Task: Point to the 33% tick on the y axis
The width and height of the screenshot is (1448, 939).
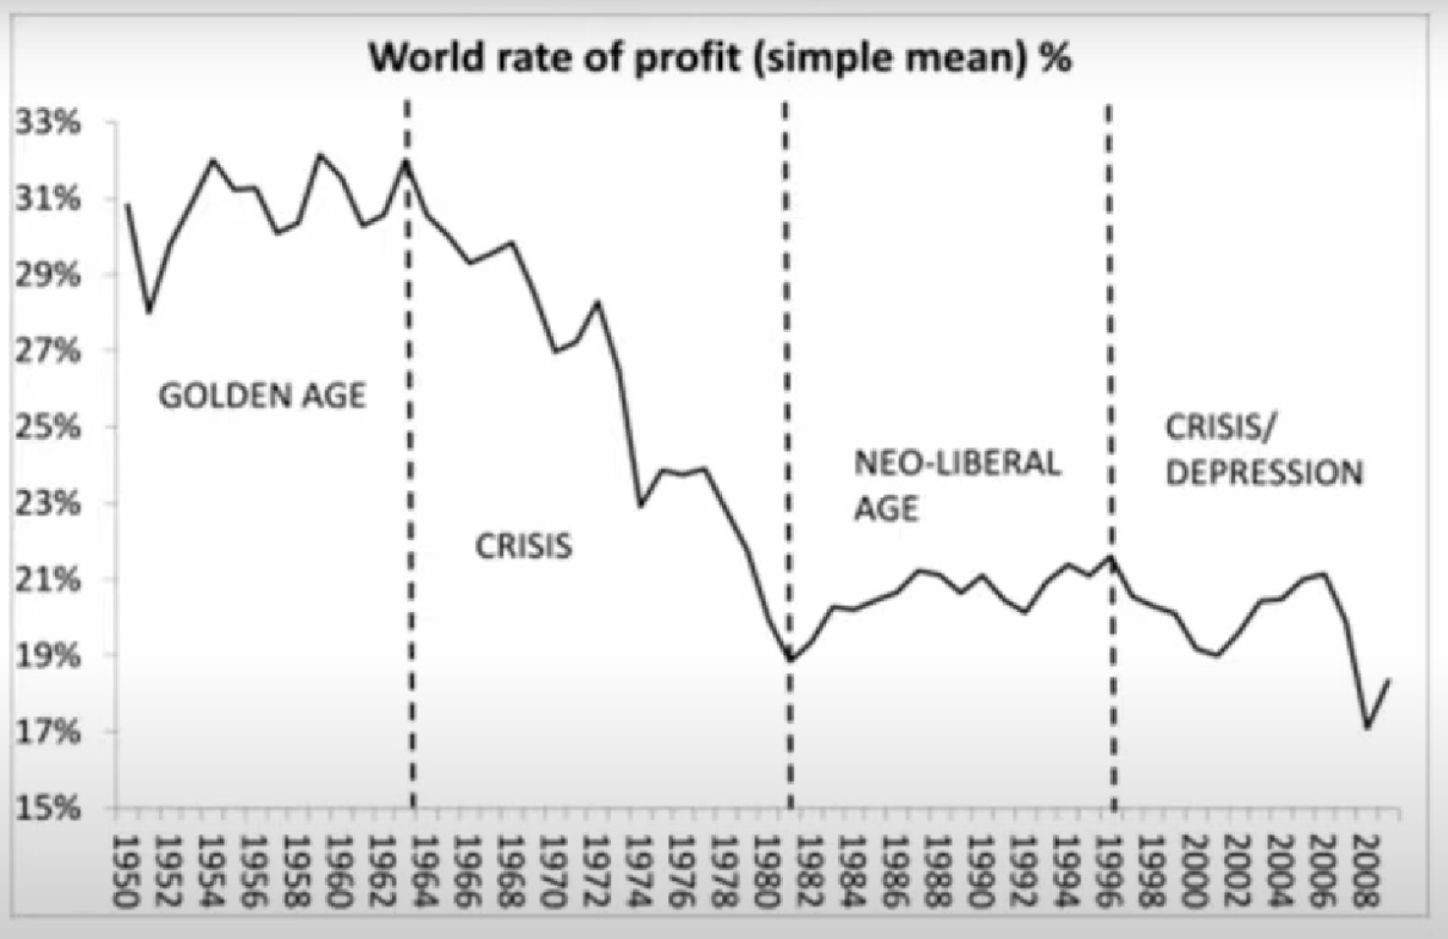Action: tap(47, 123)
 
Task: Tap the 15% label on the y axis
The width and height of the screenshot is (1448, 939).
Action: tap(47, 808)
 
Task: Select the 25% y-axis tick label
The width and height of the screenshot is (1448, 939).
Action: tap(47, 427)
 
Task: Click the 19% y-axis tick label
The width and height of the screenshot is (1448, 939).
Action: tap(47, 656)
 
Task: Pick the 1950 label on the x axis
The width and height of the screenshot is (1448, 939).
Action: tap(126, 870)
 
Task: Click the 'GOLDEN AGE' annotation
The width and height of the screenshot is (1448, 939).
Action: tap(262, 396)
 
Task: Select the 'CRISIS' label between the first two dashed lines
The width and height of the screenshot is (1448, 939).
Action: tap(524, 546)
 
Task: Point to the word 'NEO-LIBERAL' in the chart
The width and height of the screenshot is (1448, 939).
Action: tap(957, 463)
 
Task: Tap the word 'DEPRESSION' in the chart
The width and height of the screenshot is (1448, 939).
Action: tap(1264, 473)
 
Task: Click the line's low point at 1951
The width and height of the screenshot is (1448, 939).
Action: tap(149, 312)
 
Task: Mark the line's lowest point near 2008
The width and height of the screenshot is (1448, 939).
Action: tap(1367, 728)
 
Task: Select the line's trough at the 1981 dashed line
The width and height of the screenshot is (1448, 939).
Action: tap(790, 659)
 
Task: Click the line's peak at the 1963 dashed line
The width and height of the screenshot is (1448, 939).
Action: tap(405, 160)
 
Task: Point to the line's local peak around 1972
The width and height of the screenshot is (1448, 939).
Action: tap(597, 303)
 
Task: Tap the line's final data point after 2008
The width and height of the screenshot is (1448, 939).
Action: tap(1389, 680)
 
